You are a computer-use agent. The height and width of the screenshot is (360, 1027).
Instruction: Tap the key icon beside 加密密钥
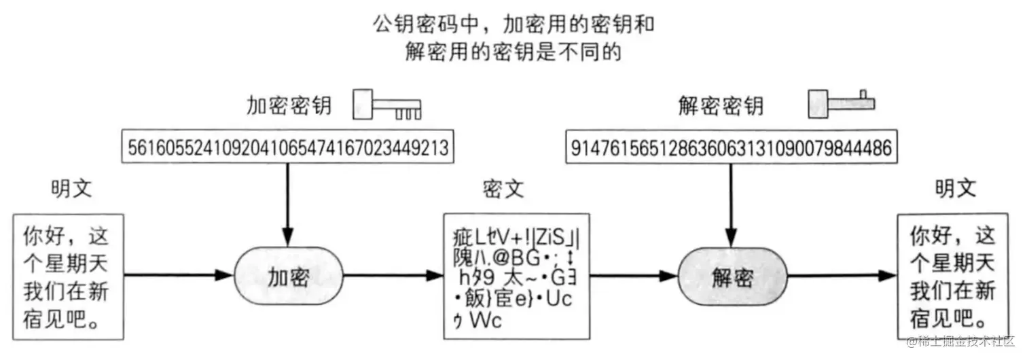coord(386,105)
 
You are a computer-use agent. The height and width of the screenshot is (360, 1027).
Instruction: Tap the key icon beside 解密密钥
coord(841,103)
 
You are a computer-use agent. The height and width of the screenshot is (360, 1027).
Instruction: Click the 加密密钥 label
coord(289,106)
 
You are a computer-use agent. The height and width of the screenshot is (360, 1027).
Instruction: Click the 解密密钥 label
coord(721,106)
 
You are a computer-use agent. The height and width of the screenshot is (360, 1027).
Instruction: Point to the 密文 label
coord(503,190)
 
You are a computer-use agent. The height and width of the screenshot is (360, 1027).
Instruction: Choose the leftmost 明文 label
coord(71,190)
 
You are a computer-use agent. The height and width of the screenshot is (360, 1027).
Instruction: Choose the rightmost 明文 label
coord(955,190)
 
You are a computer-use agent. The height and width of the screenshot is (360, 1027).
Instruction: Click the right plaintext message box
coord(953,275)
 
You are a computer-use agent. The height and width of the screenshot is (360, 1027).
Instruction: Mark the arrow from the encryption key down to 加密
coord(288,197)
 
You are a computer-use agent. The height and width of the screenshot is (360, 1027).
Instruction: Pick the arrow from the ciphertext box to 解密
coord(628,275)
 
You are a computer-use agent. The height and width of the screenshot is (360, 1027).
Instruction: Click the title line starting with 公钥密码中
coord(513,25)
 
